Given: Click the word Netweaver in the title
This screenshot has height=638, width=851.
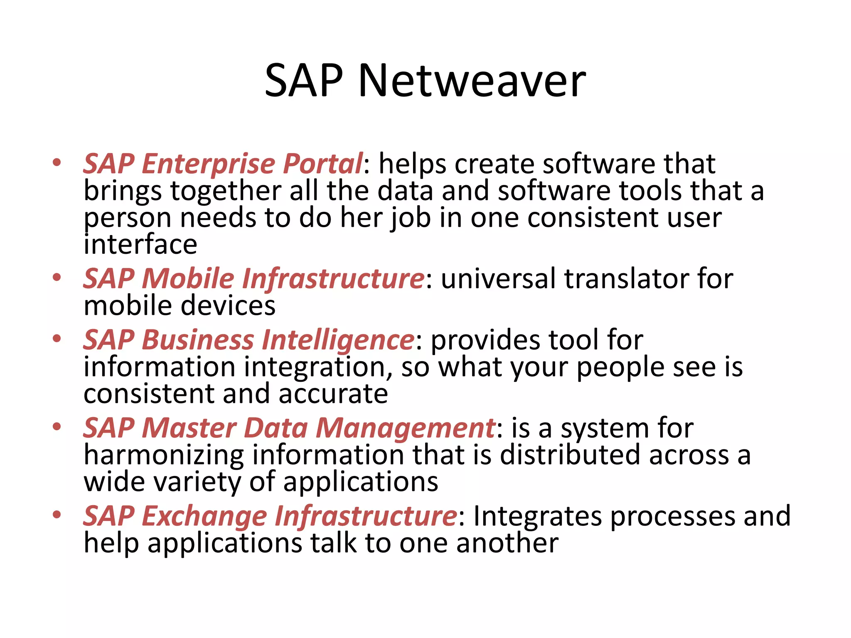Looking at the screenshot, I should coord(472,81).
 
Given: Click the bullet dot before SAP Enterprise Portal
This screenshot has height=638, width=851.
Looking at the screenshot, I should coord(57,162).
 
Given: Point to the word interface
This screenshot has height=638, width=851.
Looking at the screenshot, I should coord(140,244).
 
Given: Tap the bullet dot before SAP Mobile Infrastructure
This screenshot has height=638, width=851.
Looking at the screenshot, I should coord(57,277).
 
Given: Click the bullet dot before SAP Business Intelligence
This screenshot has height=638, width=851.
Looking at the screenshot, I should coord(57,339).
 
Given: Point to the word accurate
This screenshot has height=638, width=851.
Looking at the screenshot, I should coord(333,394).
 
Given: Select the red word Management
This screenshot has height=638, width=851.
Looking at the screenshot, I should coord(405,428).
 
